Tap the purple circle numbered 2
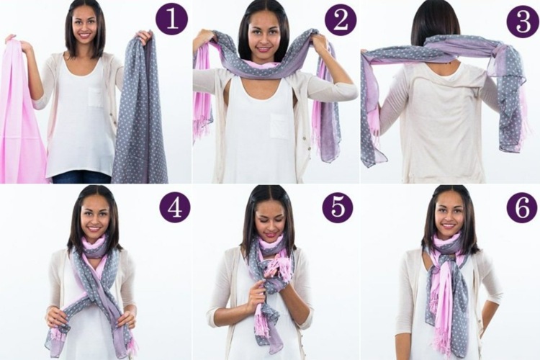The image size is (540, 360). [x=340, y=19]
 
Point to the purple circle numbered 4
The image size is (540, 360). [x=175, y=207]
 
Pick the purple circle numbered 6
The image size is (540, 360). [x=522, y=207]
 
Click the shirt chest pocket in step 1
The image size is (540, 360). [x=96, y=96]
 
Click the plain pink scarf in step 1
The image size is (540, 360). [x=22, y=110]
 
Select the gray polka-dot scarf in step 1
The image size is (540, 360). [x=141, y=110]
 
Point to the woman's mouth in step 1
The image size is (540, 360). [x=84, y=35]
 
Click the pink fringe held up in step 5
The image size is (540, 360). [x=275, y=266]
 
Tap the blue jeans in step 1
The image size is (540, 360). [x=81, y=178]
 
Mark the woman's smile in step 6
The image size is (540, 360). [x=448, y=226]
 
